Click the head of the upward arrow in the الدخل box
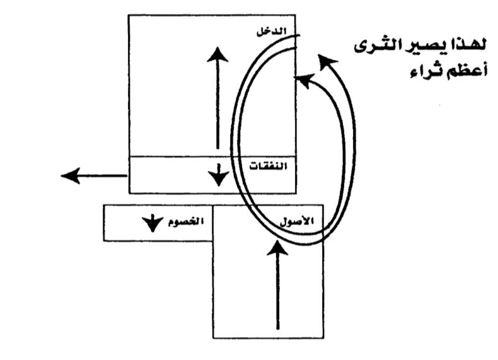tap(217, 55)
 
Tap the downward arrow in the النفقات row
tap(217, 174)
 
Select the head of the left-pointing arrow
tap(70, 175)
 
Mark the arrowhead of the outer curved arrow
tap(326, 61)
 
